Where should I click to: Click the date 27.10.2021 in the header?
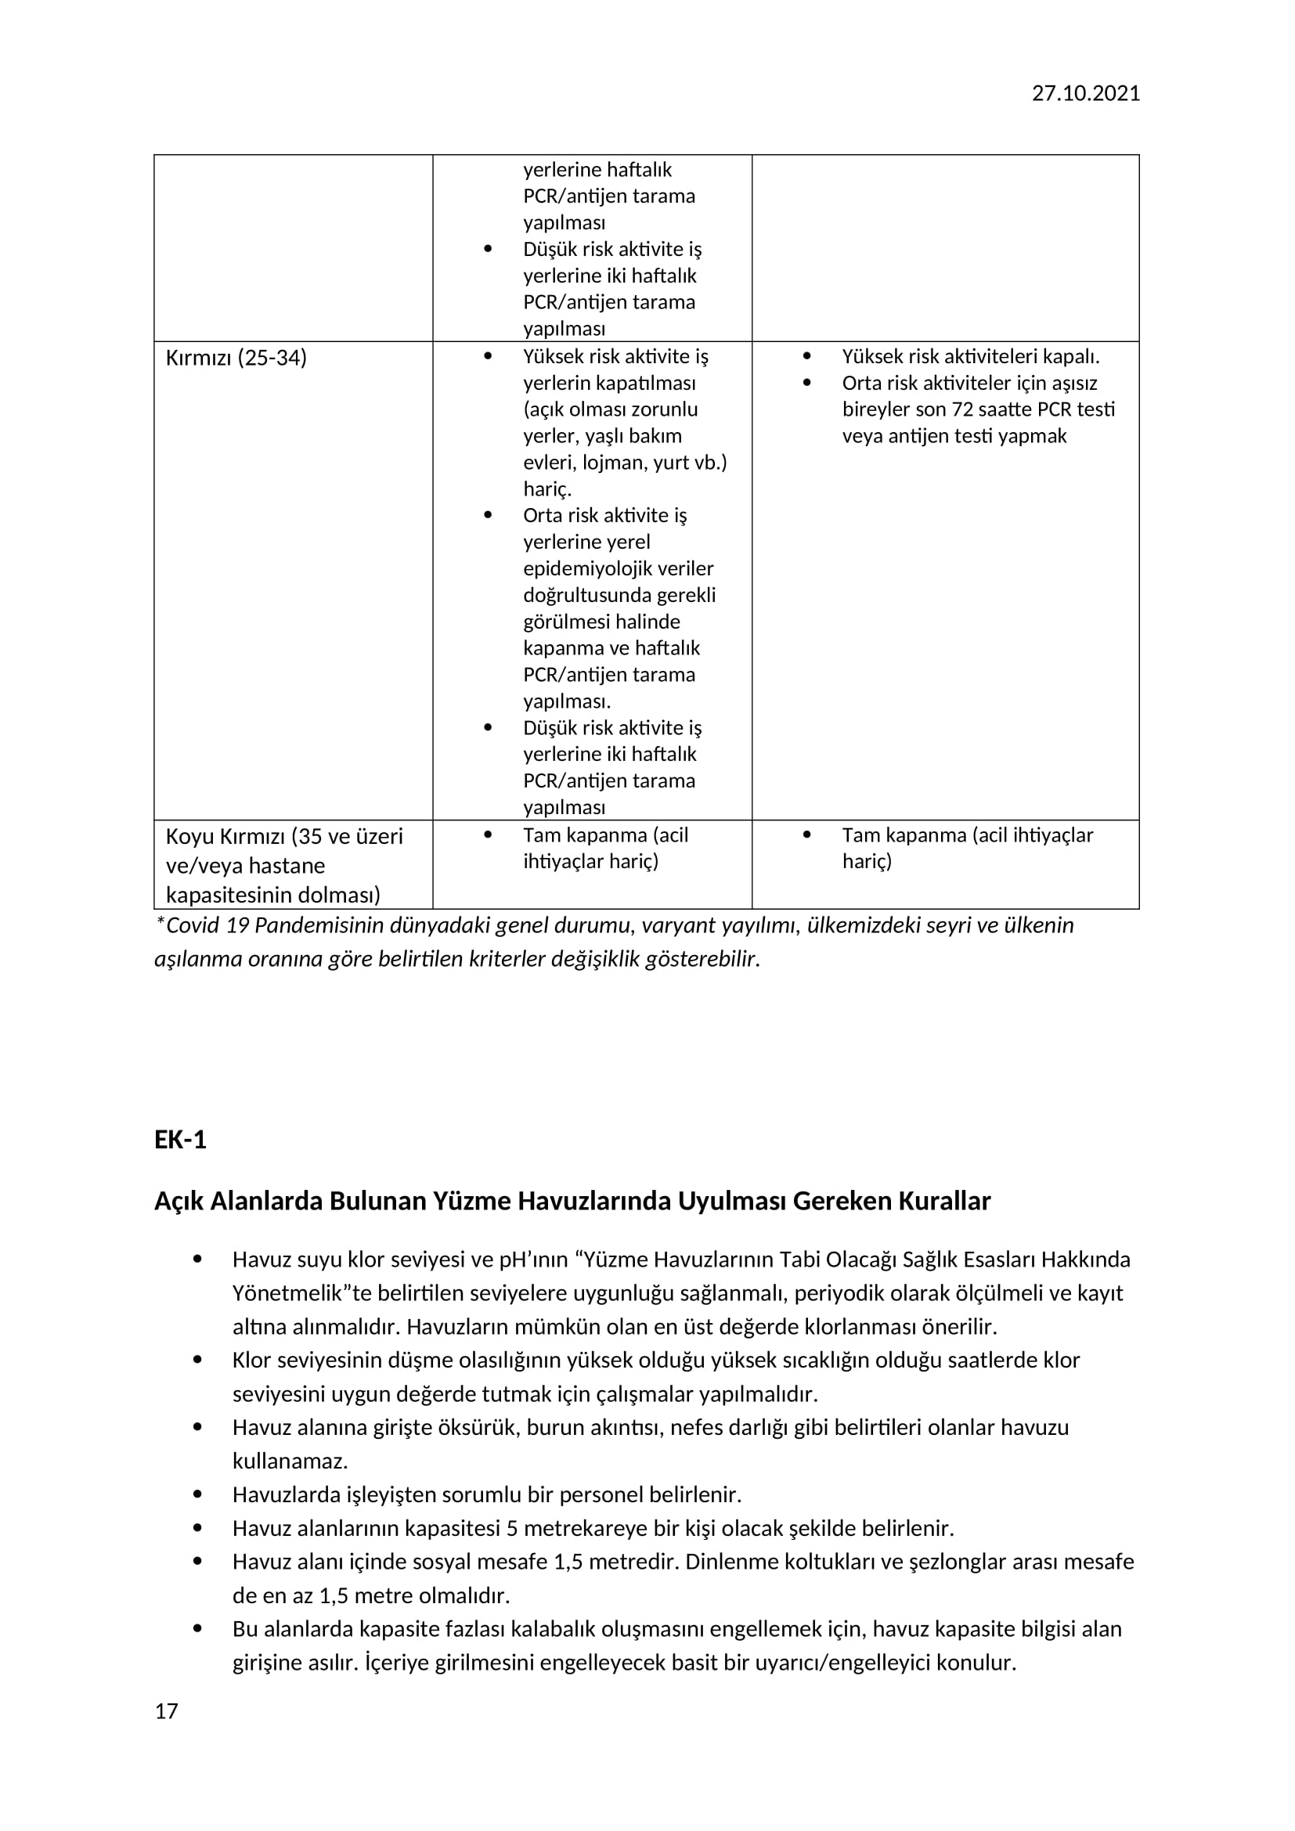click(x=1085, y=93)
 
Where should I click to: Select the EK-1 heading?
click(x=180, y=1140)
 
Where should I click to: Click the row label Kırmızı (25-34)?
click(x=236, y=357)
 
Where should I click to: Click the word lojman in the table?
click(x=610, y=463)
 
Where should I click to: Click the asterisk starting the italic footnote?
click(x=161, y=924)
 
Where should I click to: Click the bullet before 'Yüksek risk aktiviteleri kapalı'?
click(x=806, y=356)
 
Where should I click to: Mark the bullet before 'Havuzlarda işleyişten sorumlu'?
click(x=197, y=1494)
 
